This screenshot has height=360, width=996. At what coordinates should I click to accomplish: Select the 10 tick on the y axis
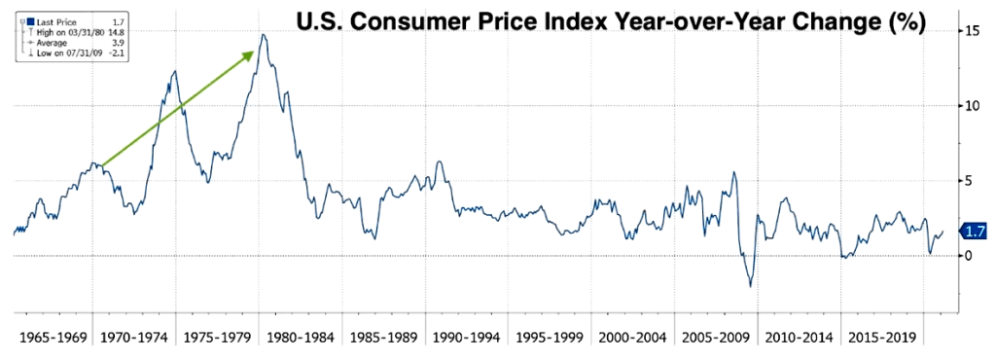967,105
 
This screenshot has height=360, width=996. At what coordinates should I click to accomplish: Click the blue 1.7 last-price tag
975,232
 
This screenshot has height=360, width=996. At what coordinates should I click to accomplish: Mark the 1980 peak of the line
263,35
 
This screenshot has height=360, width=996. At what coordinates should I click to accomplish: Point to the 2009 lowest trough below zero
750,286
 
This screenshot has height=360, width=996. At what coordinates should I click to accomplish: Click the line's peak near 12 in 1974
174,71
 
